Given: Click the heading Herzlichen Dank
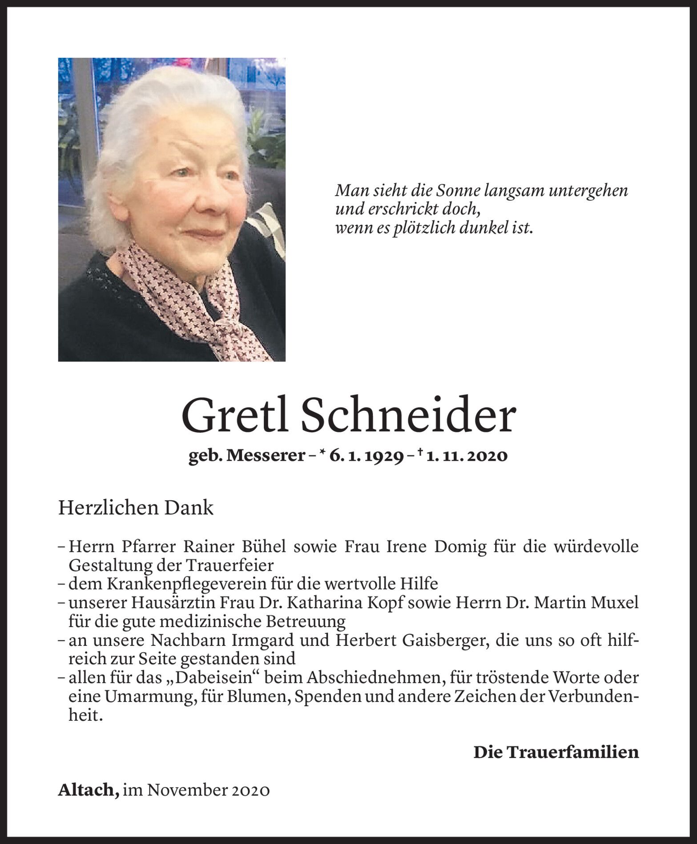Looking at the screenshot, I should pyautogui.click(x=136, y=508).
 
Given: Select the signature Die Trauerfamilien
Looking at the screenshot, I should pyautogui.click(x=556, y=752).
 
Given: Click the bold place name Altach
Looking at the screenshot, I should pyautogui.click(x=88, y=790).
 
